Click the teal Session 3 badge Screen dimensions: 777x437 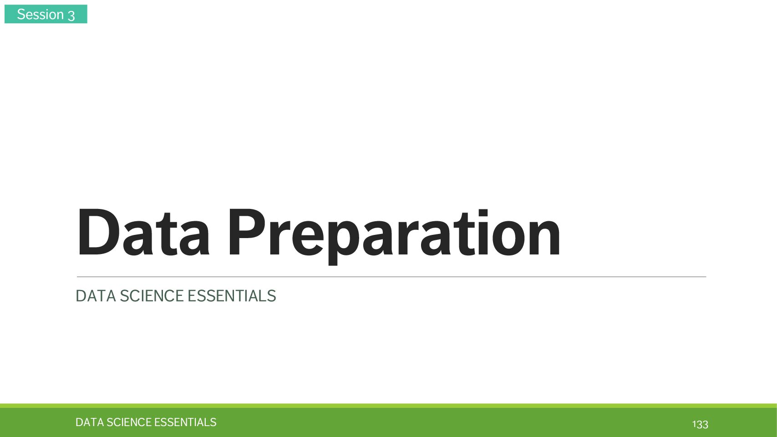46,14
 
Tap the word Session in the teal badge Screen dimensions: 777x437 40,14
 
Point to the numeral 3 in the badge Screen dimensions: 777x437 71,15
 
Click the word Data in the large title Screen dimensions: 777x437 143,232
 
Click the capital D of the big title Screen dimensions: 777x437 99,232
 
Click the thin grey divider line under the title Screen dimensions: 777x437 391,277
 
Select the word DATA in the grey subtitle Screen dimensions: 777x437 96,296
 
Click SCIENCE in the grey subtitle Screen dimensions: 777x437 151,296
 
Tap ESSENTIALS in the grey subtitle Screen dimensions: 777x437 231,296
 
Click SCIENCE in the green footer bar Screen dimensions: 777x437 129,422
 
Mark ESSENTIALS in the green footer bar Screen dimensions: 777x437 185,422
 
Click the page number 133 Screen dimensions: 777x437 700,424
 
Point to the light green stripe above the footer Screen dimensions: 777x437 389,406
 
